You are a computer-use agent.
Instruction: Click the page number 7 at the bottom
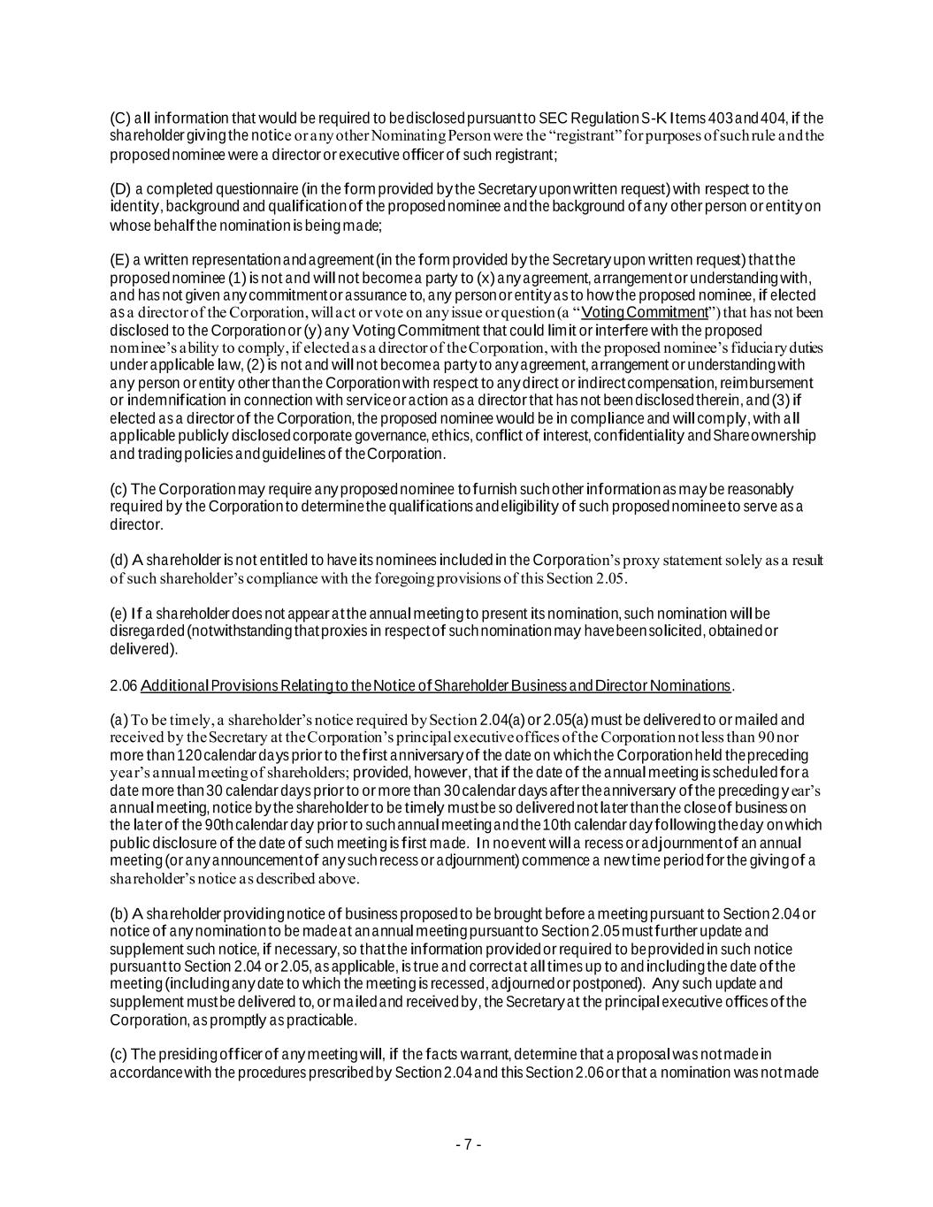468,1144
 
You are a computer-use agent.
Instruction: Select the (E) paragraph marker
119,260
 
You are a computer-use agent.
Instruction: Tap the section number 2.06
123,685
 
